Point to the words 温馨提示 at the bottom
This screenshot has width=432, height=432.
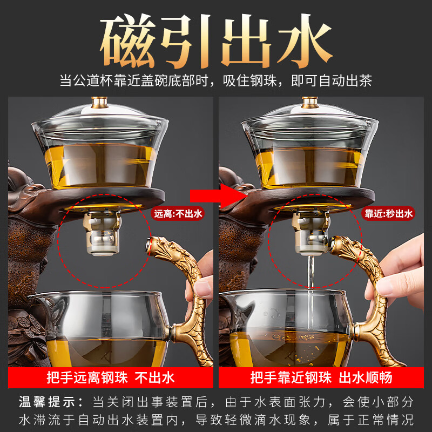(44, 402)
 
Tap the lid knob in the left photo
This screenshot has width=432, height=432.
(99, 101)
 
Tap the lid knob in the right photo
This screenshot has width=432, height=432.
(309, 101)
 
